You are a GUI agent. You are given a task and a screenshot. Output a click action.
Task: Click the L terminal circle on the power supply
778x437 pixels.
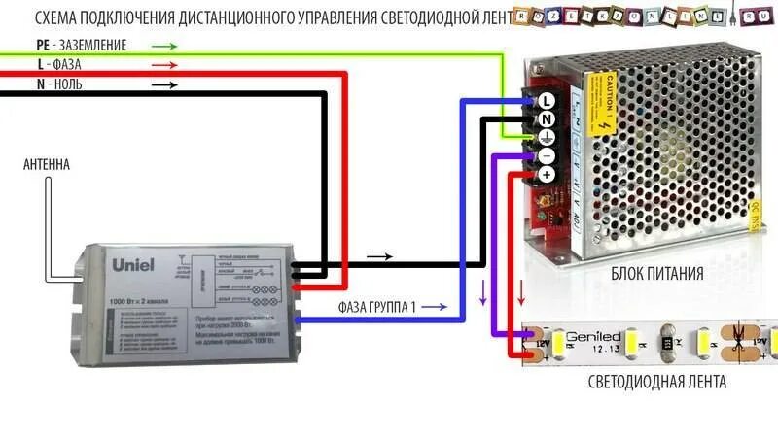click(x=546, y=100)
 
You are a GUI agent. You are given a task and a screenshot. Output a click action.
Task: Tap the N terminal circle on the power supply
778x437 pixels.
click(x=546, y=118)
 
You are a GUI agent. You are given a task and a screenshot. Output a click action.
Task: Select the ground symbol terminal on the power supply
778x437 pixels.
click(x=546, y=137)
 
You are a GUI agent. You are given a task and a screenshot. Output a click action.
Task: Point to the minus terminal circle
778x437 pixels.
click(x=546, y=155)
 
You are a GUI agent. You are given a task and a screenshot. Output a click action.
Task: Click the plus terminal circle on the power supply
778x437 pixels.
click(x=546, y=174)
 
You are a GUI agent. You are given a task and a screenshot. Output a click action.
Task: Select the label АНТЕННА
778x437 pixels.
click(x=47, y=165)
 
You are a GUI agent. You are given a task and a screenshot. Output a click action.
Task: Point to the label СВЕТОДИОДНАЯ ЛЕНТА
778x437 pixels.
click(x=656, y=382)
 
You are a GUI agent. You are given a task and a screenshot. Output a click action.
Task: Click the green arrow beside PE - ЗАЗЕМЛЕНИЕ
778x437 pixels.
click(x=164, y=46)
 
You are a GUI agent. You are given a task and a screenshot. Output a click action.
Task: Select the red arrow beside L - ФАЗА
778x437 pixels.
click(x=164, y=65)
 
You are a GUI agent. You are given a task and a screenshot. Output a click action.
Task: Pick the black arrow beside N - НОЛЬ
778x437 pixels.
click(x=164, y=84)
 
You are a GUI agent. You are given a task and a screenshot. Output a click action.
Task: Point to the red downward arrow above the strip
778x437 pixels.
click(x=521, y=291)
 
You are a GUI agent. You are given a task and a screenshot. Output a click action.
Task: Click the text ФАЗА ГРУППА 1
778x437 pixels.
click(x=377, y=308)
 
